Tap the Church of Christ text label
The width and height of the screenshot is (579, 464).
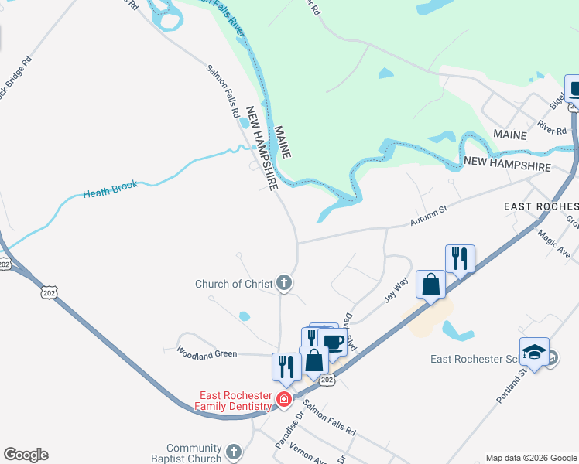pos(233,284)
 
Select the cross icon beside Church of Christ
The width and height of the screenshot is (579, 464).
pos(284,283)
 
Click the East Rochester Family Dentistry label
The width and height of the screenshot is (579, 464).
pos(233,400)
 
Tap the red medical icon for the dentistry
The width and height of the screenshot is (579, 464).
pos(284,399)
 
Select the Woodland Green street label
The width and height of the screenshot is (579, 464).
pos(206,354)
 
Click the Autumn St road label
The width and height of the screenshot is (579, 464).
pos(429,210)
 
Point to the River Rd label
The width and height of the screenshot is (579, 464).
pos(552,127)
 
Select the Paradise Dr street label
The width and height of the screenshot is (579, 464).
pos(285,434)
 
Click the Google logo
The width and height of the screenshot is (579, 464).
pos(26,455)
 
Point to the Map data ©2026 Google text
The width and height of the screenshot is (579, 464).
pos(531,458)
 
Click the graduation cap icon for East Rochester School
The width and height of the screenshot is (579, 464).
pos(534,353)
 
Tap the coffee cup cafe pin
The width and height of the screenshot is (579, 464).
pos(332,342)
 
